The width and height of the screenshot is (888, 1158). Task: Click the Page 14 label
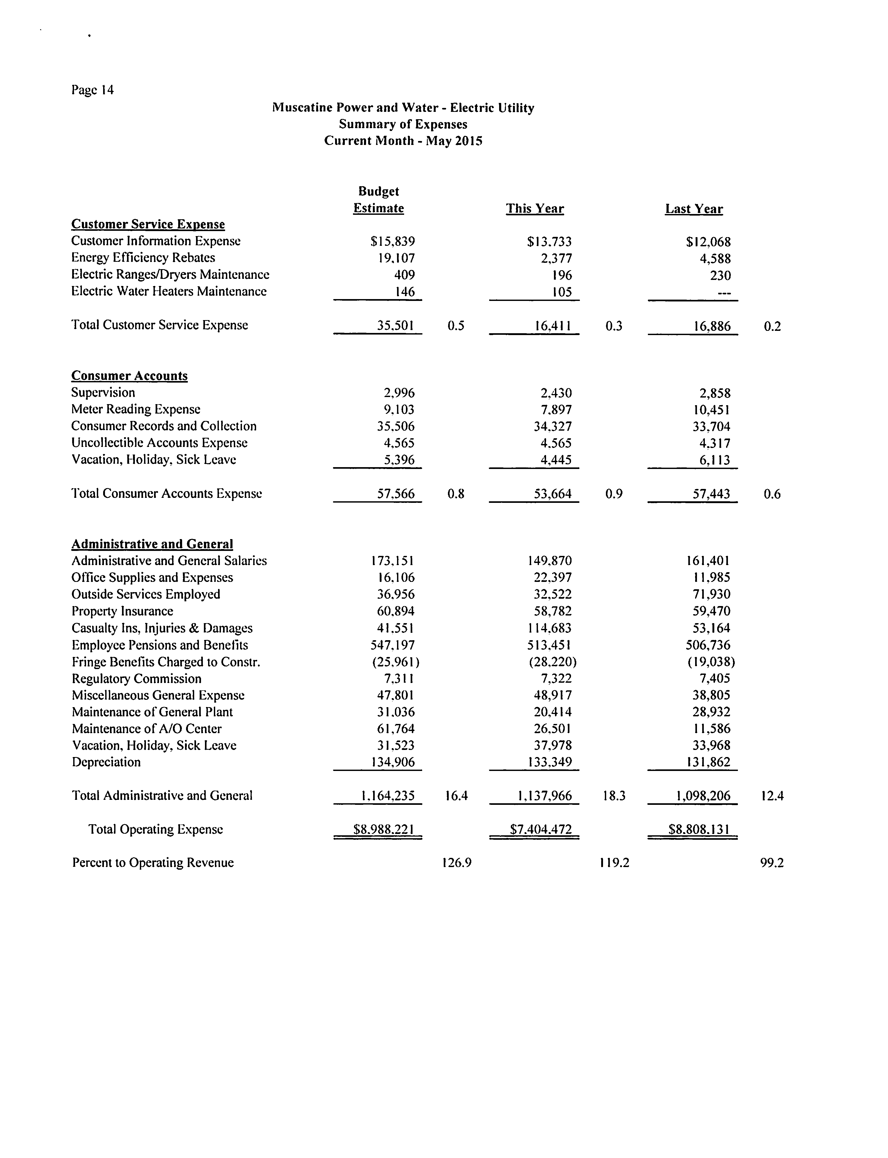(92, 90)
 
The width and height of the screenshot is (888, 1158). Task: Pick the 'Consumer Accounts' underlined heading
(130, 376)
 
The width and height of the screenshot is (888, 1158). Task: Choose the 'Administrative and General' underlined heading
(152, 544)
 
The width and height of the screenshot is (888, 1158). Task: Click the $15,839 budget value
(393, 242)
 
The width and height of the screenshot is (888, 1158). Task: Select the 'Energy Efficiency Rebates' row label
(143, 258)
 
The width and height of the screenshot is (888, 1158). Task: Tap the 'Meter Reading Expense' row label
(136, 409)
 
